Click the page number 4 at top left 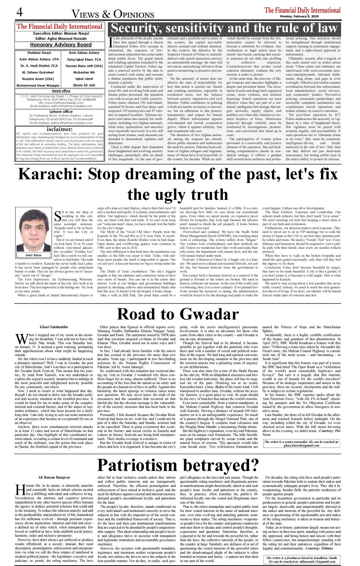[x=19, y=13]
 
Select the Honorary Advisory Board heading [x=61, y=45]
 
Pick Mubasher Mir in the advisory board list [x=84, y=73]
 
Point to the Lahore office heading [x=61, y=112]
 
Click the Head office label [x=61, y=91]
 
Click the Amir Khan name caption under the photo [x=33, y=255]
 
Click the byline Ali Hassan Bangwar [x=54, y=477]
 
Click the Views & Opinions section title [x=113, y=14]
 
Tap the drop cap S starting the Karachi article [x=58, y=216]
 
